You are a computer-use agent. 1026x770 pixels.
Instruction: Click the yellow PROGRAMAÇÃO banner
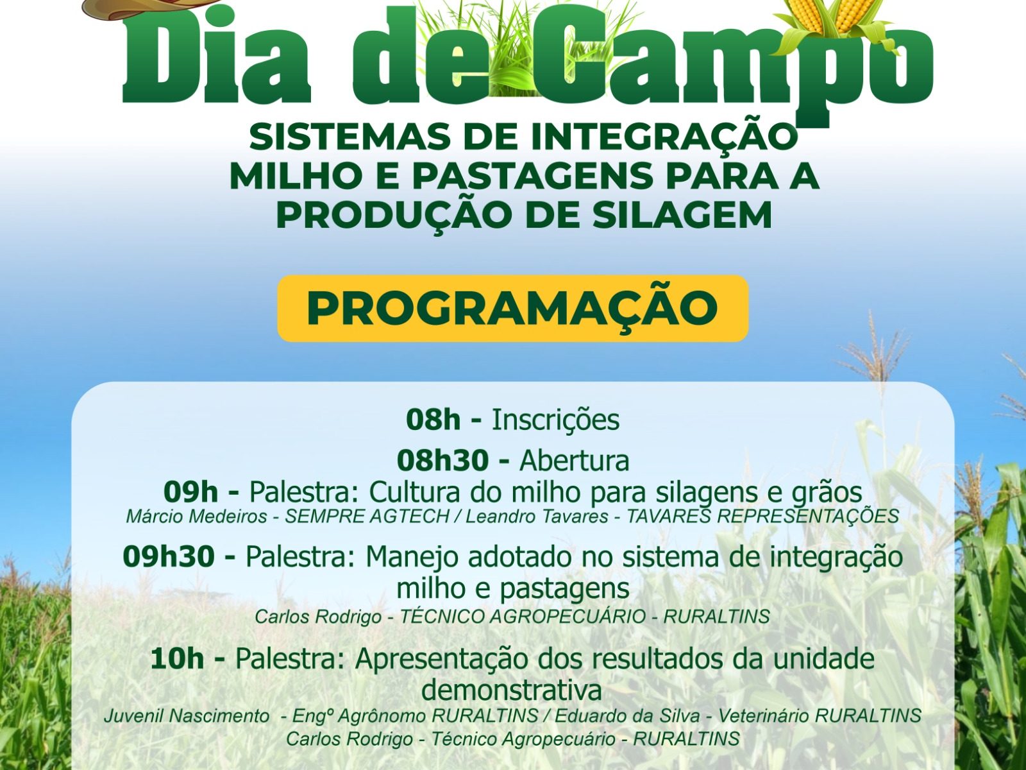512,309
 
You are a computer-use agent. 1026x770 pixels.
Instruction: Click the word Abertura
575,461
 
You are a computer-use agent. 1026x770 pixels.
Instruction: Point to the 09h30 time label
169,556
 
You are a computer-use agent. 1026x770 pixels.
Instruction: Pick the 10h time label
177,659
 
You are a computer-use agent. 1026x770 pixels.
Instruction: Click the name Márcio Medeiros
196,516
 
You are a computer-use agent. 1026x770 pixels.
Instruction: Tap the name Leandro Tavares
537,516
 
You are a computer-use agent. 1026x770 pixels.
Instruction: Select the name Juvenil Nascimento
187,715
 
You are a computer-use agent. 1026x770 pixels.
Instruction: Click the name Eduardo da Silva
628,715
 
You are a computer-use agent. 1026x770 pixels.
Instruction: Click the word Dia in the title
216,60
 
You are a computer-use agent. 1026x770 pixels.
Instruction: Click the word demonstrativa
511,690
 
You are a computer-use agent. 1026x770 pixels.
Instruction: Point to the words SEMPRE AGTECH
367,516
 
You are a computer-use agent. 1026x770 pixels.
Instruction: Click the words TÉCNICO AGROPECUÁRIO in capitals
523,616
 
